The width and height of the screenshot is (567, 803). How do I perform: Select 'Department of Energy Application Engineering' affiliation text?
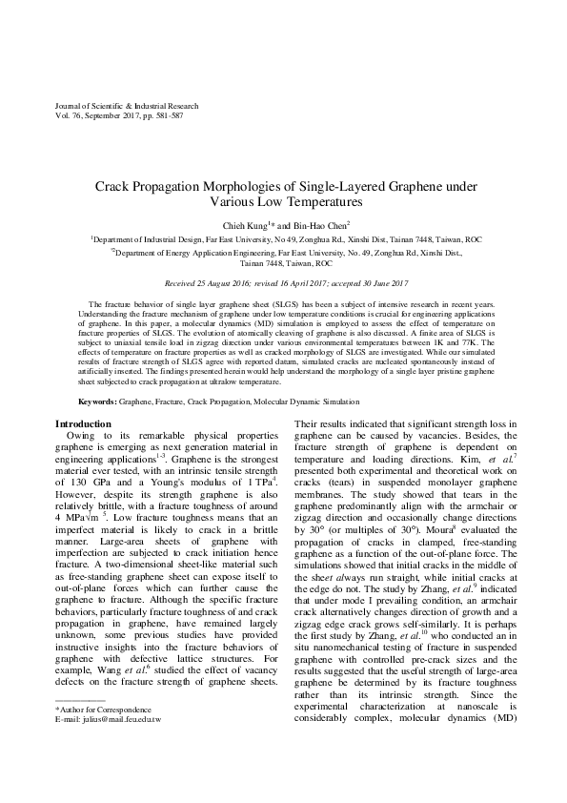[x=191, y=255]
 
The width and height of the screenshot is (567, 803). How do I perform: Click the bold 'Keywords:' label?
[x=96, y=404]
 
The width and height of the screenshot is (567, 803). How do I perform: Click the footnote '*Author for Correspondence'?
[x=103, y=737]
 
